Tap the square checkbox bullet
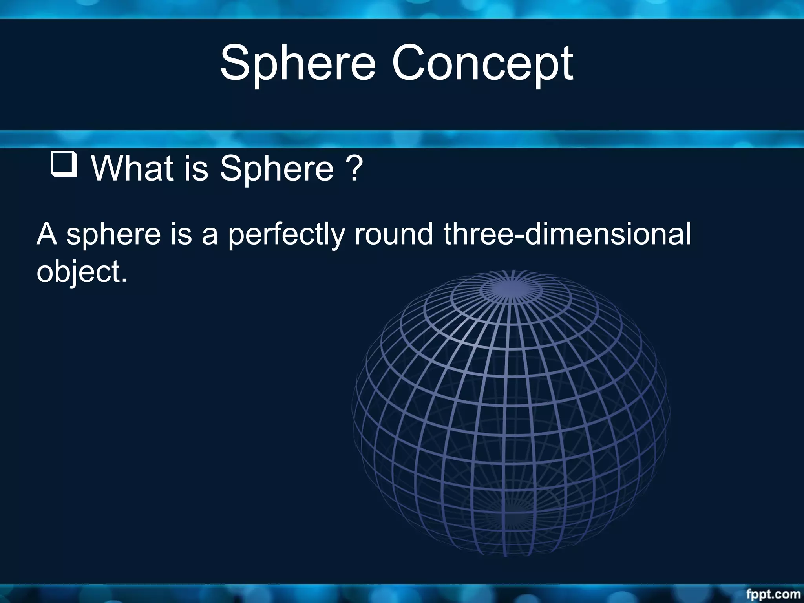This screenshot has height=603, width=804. click(x=64, y=164)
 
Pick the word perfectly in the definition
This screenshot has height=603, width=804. click(x=286, y=234)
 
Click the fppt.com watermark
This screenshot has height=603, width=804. click(x=773, y=594)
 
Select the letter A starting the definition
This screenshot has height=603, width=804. click(x=47, y=234)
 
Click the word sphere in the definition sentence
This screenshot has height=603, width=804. click(x=113, y=234)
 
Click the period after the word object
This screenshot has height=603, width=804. click(x=124, y=280)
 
